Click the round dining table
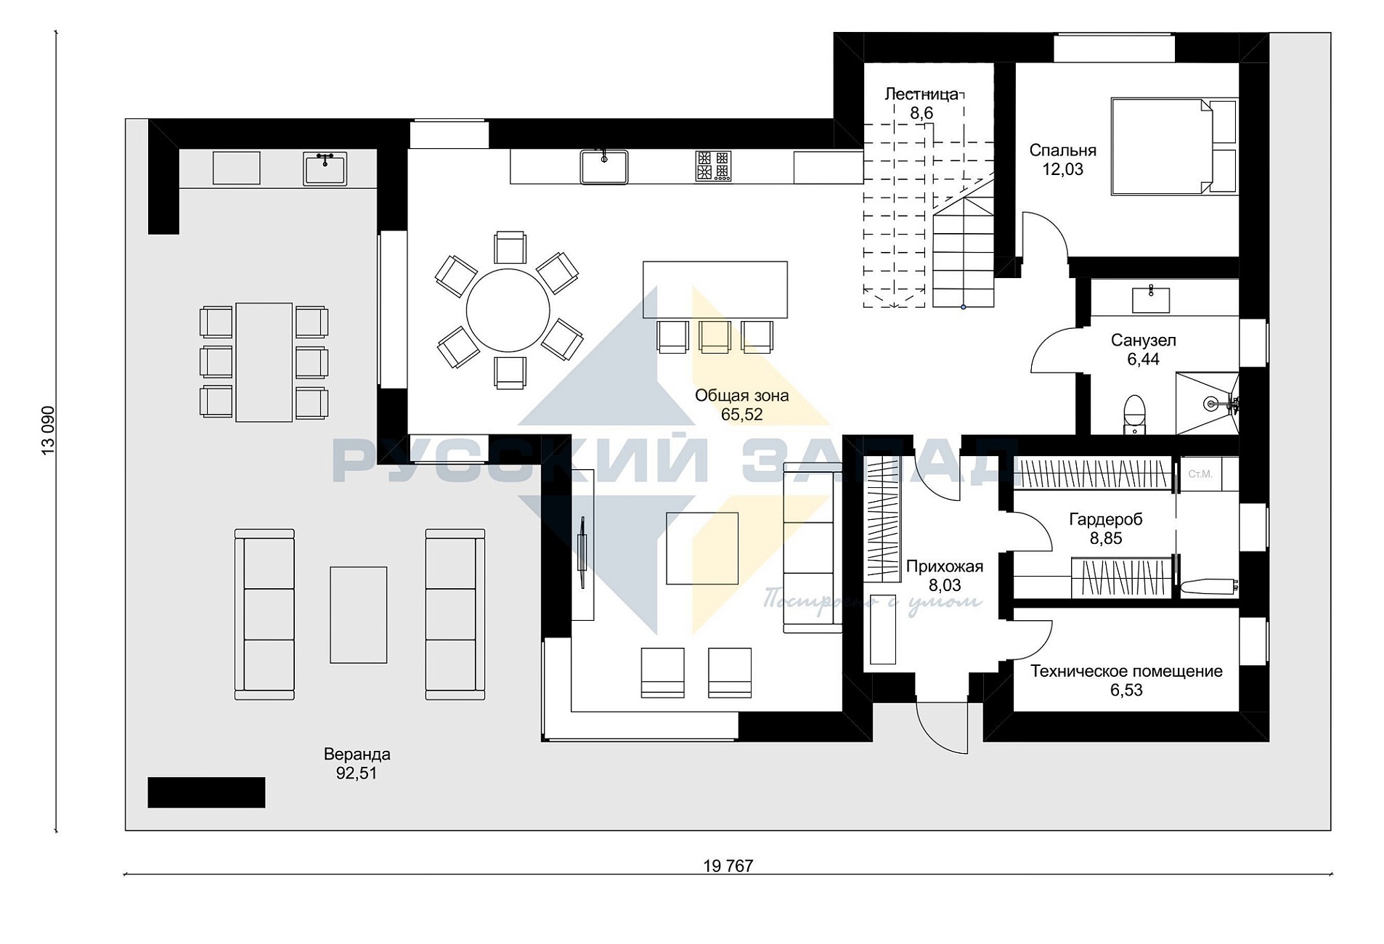tap(508, 310)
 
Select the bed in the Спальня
tap(1173, 147)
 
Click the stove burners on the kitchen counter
tap(712, 166)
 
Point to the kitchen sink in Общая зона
tap(603, 166)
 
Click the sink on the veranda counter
tap(325, 168)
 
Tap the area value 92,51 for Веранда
tap(357, 773)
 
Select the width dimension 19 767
tap(728, 866)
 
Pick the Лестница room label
tap(921, 94)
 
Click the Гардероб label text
tap(1106, 519)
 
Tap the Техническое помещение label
tap(1126, 671)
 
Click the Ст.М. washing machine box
tap(1200, 474)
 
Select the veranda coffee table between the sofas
tap(359, 614)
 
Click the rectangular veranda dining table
tap(264, 362)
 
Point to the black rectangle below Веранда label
tap(206, 792)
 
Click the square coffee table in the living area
tap(702, 548)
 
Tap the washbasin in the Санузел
tap(1151, 299)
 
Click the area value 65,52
tap(741, 415)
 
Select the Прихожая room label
tap(945, 566)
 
